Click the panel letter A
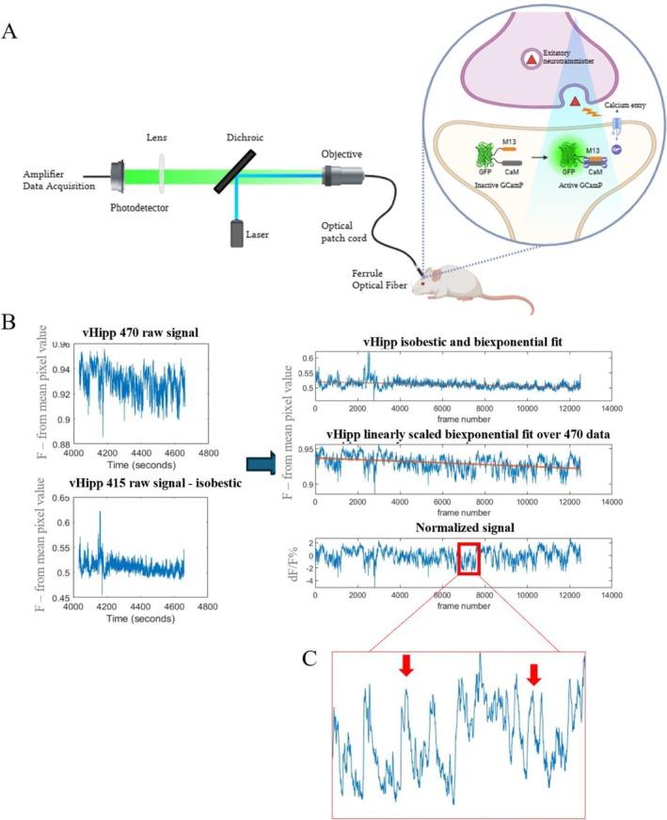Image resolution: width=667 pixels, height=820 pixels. (x=10, y=30)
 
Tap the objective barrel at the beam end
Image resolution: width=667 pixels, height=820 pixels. (x=340, y=175)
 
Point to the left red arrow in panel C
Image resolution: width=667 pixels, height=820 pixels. (x=405, y=666)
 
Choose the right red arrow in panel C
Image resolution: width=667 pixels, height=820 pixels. (x=533, y=673)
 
